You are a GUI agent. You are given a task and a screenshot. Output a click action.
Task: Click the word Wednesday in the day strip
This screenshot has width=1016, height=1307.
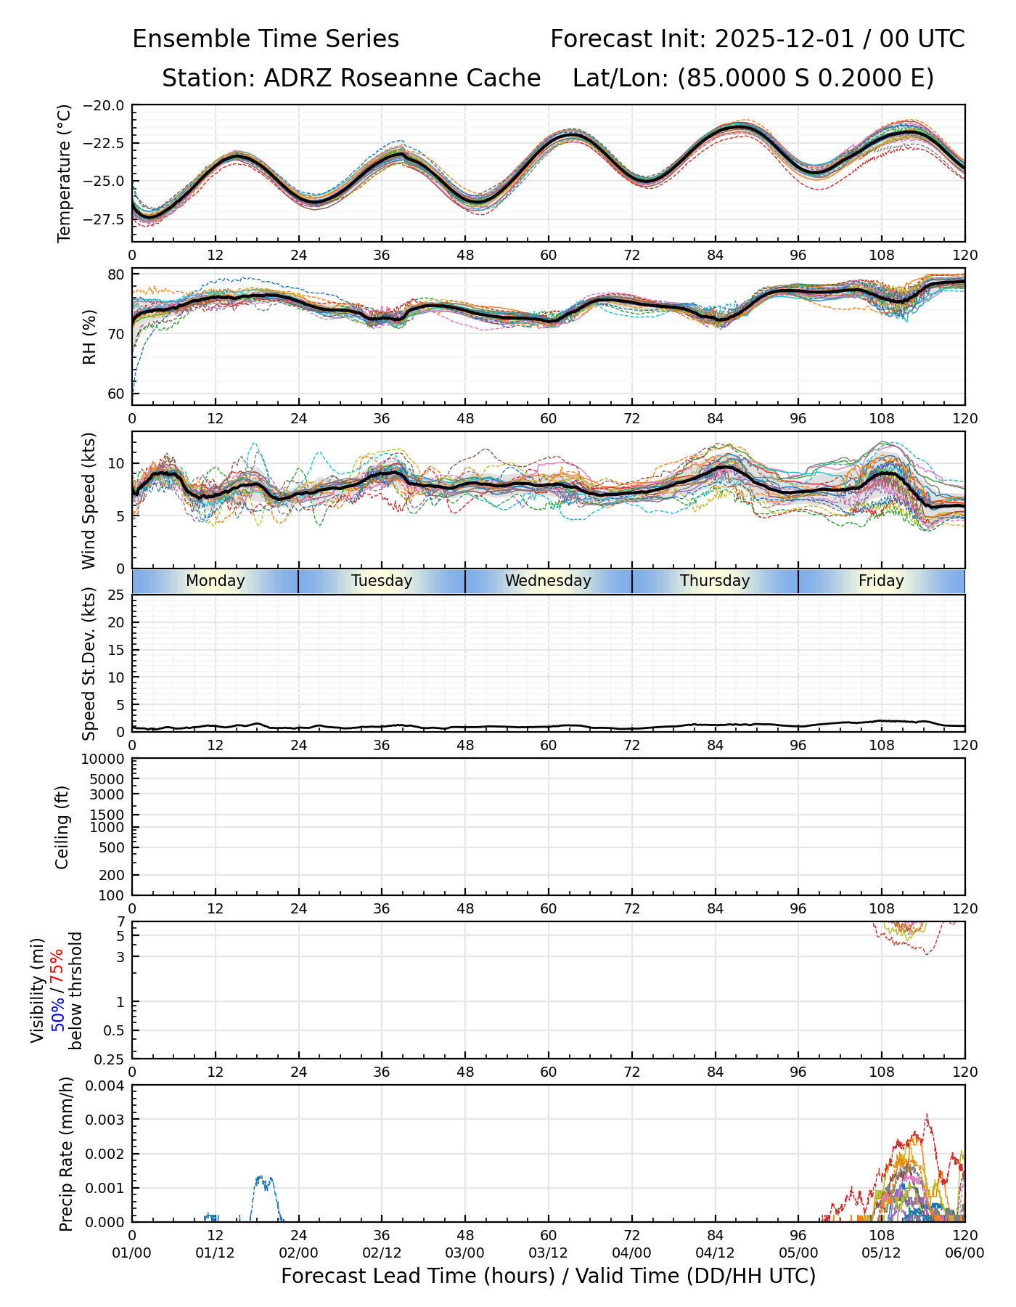(548, 581)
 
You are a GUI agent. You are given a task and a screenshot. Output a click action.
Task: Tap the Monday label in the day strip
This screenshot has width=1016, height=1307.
(215, 581)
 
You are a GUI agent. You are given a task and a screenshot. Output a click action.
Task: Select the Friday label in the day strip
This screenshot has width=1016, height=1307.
(881, 581)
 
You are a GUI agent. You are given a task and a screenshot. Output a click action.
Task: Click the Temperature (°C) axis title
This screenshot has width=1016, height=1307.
(65, 173)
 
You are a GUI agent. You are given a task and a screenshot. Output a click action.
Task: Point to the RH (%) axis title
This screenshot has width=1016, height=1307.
(89, 336)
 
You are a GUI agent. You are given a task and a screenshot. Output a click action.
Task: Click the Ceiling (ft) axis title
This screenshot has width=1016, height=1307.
(62, 827)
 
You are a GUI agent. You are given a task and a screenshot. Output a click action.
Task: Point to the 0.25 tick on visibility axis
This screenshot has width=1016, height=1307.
(110, 1059)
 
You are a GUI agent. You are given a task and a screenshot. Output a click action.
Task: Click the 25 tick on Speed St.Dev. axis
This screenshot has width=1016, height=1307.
(115, 595)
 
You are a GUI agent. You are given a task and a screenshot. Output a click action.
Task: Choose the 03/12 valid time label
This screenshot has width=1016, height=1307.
(548, 1253)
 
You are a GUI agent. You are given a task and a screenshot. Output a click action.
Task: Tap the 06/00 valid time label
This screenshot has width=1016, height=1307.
(964, 1253)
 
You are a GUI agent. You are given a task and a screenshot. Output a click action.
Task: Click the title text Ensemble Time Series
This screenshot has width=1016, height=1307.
(266, 39)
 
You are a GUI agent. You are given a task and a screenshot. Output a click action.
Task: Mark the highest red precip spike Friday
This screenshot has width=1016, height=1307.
(927, 1115)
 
